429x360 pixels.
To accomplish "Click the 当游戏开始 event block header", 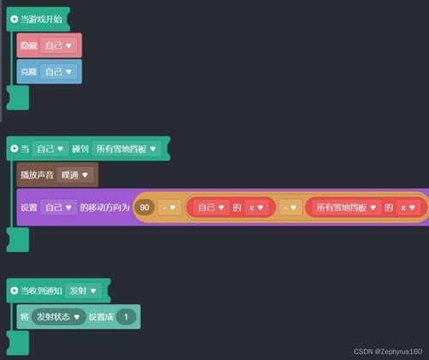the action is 38,19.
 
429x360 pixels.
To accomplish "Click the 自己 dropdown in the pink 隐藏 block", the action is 58,45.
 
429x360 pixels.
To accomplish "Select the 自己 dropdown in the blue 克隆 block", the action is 58,72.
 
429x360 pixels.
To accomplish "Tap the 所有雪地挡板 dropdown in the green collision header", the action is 126,149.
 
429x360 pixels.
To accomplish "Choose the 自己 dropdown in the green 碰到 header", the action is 51,149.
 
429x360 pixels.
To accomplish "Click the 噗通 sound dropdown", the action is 75,175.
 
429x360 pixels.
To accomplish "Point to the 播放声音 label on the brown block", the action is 37,175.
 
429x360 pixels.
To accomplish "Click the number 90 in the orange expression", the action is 144,207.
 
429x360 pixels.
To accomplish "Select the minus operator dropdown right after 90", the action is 169,207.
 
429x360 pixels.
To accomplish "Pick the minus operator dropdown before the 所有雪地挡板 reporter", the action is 290,207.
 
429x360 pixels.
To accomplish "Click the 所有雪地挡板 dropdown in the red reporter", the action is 346,207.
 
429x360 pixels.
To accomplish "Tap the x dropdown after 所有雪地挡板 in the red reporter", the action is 408,207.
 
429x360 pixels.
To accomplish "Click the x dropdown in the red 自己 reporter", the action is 257,207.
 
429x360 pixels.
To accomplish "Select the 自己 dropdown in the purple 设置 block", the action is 58,207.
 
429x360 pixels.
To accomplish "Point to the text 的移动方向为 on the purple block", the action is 105,207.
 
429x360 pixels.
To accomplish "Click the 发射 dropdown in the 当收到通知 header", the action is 83,291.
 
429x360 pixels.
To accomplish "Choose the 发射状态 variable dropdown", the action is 58,317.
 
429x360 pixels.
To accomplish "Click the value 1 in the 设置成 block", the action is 126,317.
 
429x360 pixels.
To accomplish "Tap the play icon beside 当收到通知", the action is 14,291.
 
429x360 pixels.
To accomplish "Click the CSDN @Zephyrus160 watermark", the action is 388,351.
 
